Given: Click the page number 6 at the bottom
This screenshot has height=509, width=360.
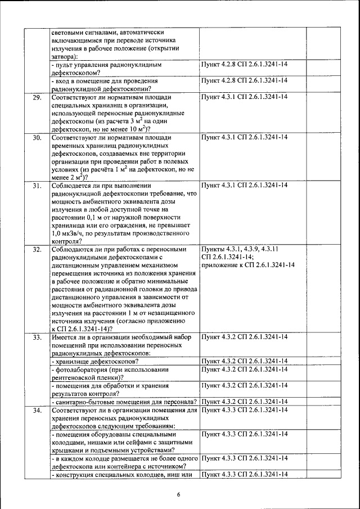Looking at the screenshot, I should click(x=178, y=494).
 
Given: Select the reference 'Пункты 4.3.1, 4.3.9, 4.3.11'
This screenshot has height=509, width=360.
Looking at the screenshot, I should click(x=240, y=249).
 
